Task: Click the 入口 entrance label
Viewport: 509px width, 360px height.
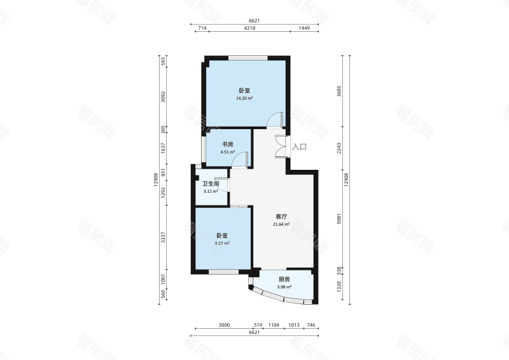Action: click(x=299, y=147)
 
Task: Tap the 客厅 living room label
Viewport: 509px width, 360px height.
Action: click(x=281, y=216)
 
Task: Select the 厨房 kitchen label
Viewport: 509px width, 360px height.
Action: click(x=284, y=279)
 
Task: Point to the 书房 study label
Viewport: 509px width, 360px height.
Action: click(x=228, y=144)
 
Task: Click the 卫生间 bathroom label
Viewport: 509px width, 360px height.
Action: click(x=211, y=184)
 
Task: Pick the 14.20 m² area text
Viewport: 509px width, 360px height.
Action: click(x=244, y=98)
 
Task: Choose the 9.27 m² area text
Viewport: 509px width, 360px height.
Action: click(x=222, y=243)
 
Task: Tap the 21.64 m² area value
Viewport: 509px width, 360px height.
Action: click(x=281, y=224)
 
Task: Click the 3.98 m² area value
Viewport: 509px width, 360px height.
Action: click(x=284, y=287)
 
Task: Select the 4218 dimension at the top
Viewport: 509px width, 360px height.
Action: click(x=249, y=28)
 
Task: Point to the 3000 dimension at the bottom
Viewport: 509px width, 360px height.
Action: click(x=224, y=325)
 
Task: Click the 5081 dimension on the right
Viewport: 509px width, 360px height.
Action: click(x=339, y=219)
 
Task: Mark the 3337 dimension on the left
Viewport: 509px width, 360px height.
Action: click(x=164, y=237)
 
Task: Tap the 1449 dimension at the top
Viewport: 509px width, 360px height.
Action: click(x=304, y=28)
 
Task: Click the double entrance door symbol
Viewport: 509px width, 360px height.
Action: click(x=281, y=146)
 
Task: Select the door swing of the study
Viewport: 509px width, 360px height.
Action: click(x=241, y=160)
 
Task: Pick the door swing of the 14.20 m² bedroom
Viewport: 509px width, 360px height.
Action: click(x=275, y=120)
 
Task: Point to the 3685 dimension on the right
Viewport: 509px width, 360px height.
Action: click(x=339, y=91)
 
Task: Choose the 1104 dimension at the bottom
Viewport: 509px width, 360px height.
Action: click(x=274, y=325)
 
